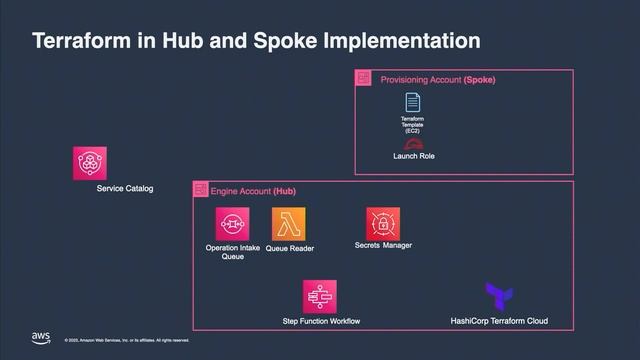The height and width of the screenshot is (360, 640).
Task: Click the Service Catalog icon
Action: [90, 164]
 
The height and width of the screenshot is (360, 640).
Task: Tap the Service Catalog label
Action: [125, 189]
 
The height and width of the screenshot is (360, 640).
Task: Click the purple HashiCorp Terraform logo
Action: [499, 297]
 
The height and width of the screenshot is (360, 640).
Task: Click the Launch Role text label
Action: [413, 156]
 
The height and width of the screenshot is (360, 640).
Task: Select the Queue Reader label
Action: [290, 248]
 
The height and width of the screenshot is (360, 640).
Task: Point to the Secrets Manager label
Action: [383, 245]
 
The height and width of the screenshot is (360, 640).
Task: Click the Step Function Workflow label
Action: [322, 321]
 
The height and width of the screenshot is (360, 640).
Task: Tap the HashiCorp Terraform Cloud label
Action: [500, 321]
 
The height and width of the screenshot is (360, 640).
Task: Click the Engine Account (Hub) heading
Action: [253, 190]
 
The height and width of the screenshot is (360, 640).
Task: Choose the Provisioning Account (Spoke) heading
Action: [438, 79]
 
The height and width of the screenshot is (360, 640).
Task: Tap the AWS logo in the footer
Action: [41, 337]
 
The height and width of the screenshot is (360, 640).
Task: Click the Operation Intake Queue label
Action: [231, 251]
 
